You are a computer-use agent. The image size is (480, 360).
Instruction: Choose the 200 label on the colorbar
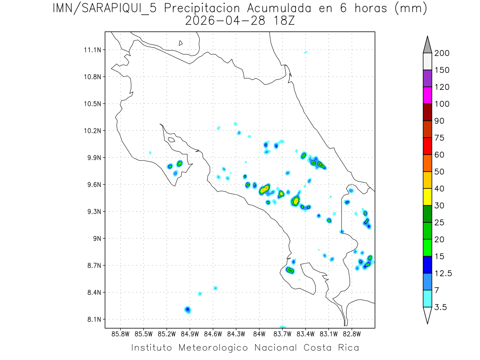(442, 53)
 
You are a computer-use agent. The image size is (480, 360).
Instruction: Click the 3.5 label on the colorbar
(440, 307)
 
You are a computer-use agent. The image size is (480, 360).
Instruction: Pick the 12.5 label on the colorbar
(443, 273)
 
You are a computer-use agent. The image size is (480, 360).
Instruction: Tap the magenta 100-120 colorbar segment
(427, 95)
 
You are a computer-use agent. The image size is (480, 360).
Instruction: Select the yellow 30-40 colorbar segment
(427, 196)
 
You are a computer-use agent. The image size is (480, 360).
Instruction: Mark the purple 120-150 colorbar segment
(427, 78)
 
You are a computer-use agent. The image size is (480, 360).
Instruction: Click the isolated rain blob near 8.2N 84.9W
(188, 310)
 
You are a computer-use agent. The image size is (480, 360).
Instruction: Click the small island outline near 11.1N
(181, 43)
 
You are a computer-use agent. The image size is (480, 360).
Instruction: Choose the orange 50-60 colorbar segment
(427, 163)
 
